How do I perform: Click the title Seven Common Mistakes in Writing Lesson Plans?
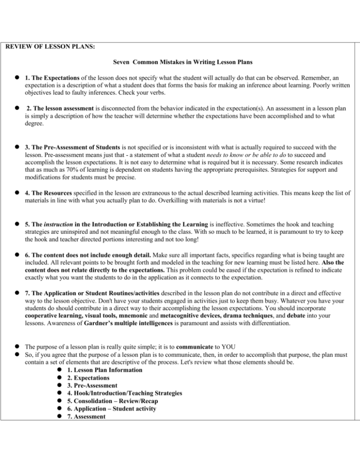180,62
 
